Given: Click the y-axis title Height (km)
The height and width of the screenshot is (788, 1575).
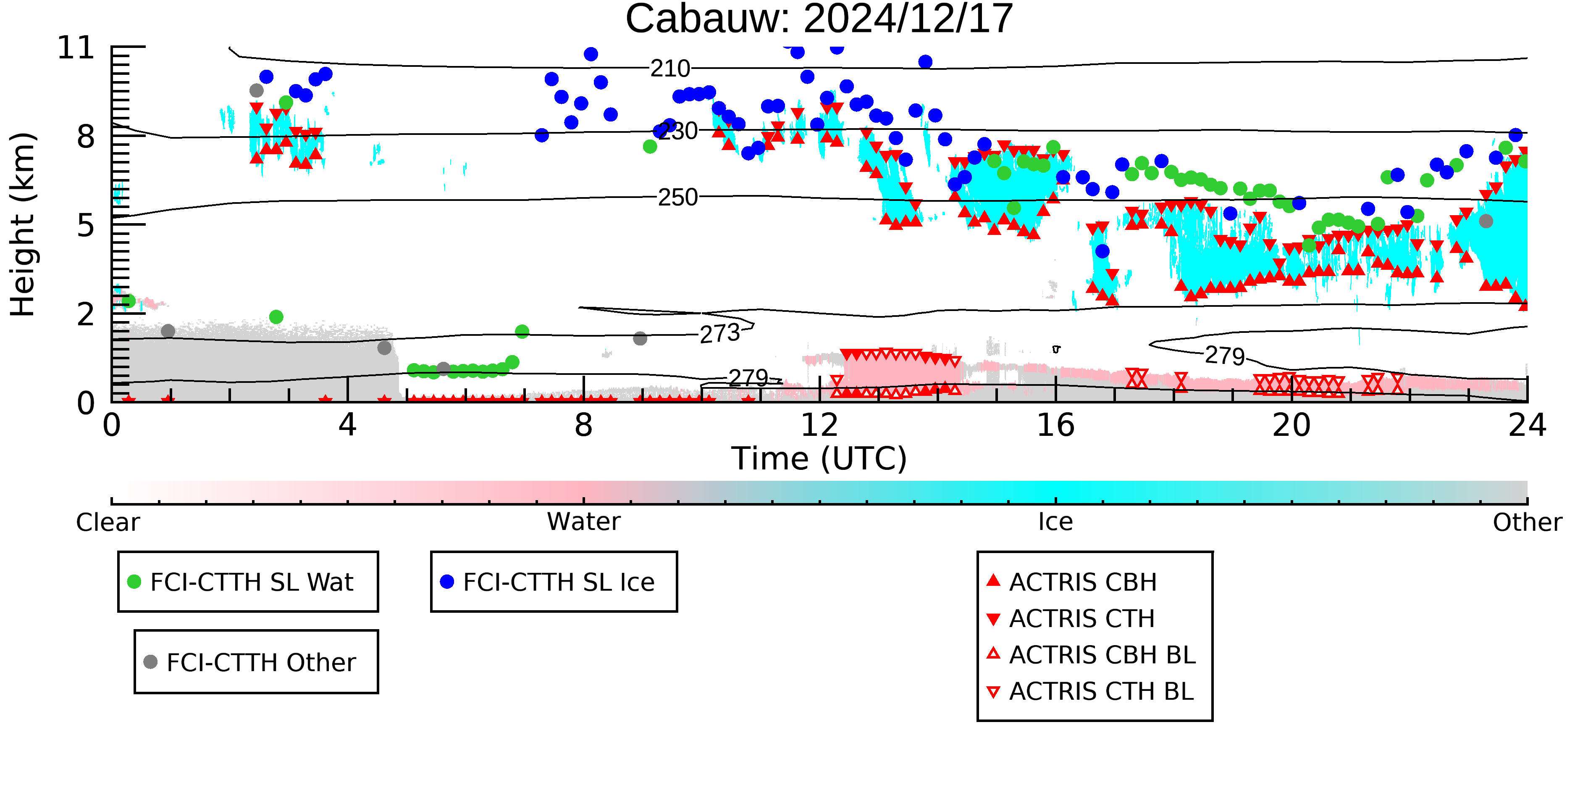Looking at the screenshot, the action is [x=23, y=224].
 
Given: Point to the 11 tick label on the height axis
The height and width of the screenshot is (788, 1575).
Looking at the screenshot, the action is [x=76, y=48].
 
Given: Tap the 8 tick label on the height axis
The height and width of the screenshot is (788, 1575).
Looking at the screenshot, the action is [x=86, y=137].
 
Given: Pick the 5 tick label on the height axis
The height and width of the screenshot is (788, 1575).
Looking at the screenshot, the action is [x=86, y=225].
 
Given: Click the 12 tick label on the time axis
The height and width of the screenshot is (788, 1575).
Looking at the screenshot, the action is [x=819, y=425].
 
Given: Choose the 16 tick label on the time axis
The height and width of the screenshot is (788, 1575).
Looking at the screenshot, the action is [x=1055, y=425].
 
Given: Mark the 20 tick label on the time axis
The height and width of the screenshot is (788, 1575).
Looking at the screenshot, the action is [x=1291, y=425].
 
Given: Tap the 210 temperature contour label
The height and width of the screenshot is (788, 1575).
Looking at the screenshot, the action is [x=670, y=69].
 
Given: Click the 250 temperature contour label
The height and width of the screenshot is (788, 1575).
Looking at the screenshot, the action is [x=678, y=197].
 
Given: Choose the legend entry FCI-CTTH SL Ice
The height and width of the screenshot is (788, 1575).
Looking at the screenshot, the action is [x=547, y=582].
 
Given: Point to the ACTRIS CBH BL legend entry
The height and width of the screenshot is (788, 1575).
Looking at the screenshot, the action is [x=1092, y=655].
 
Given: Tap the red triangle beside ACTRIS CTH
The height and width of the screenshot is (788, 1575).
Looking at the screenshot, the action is [x=994, y=619].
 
